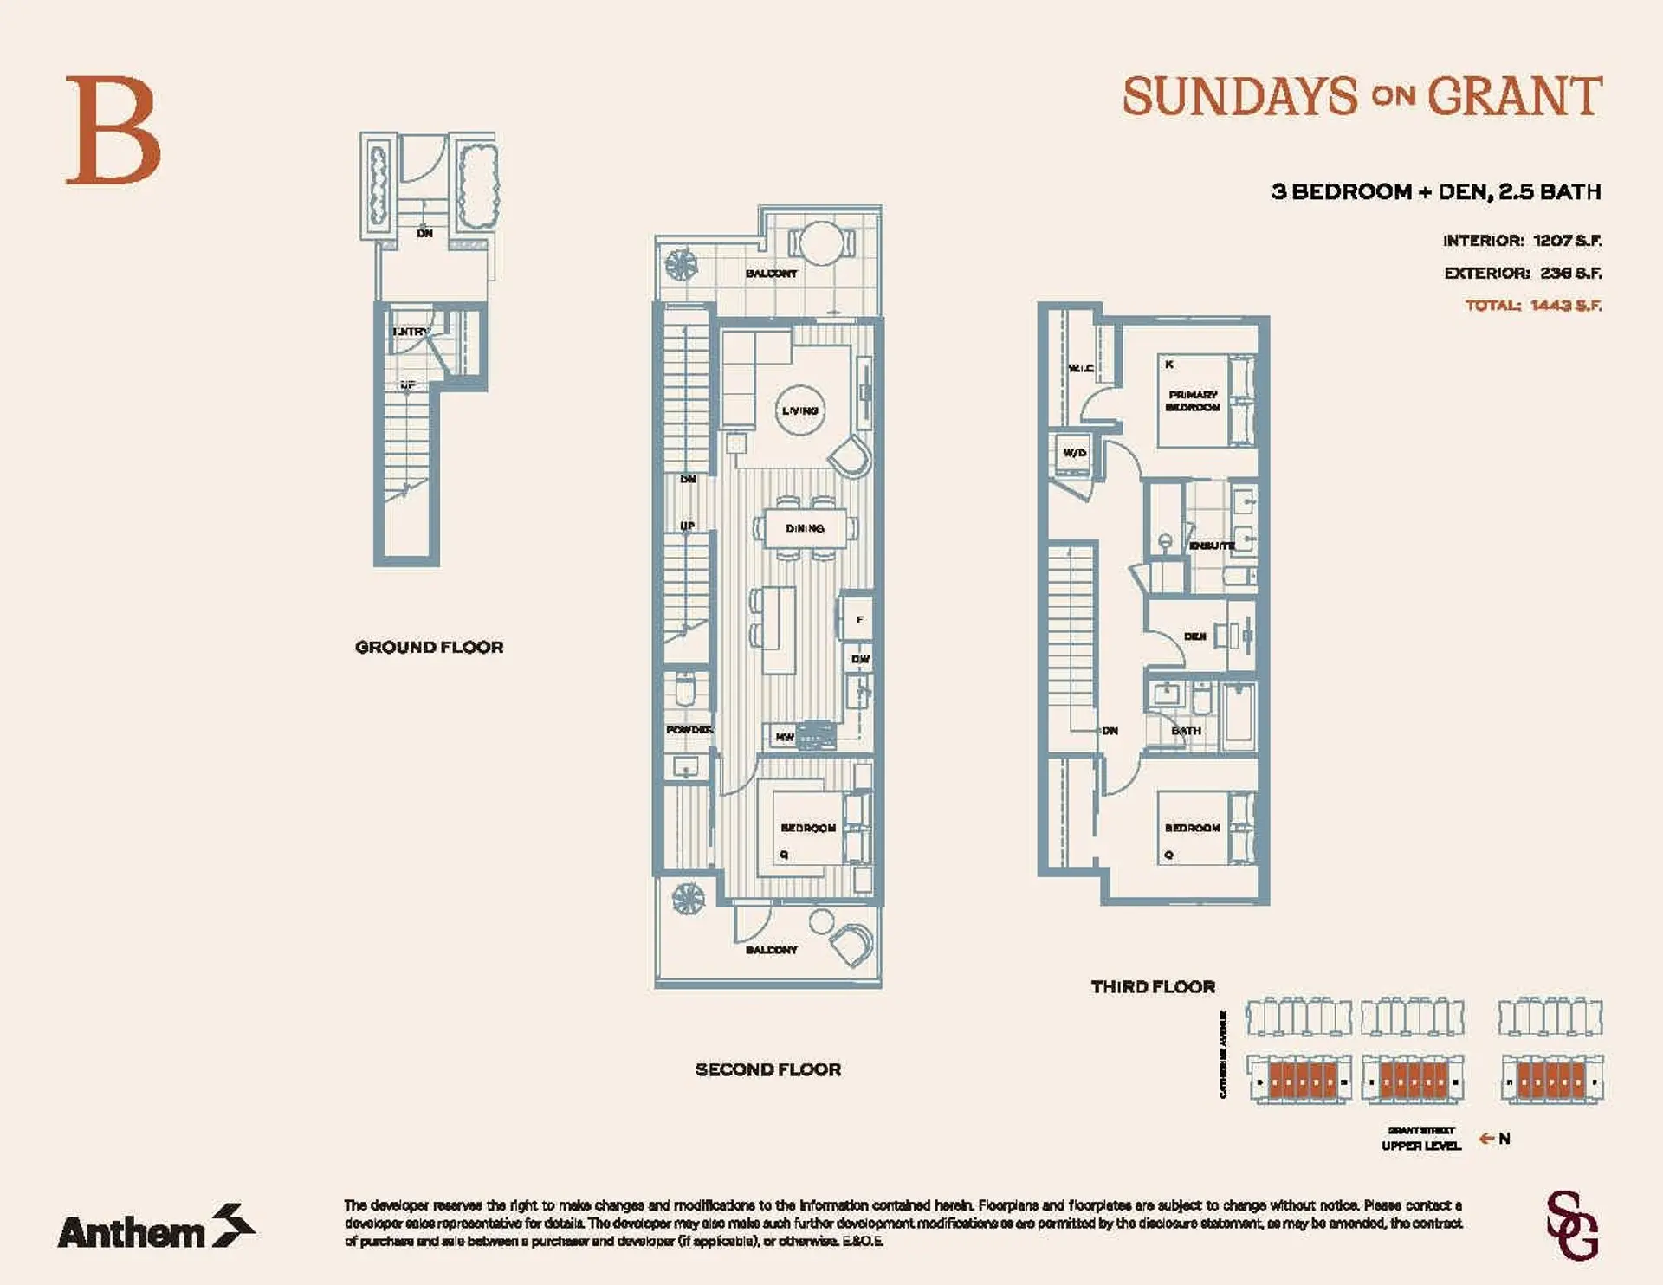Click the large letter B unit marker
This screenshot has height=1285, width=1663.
(x=113, y=130)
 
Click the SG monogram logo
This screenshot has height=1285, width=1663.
(x=1572, y=1226)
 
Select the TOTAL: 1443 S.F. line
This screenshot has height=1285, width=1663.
(x=1532, y=306)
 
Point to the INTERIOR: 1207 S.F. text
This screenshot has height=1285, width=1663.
(x=1522, y=241)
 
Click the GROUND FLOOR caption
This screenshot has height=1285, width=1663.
(x=429, y=647)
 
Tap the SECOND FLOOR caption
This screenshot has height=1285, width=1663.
(x=767, y=1069)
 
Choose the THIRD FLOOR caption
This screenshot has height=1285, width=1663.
(x=1152, y=986)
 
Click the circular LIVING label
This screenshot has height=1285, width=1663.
(x=799, y=410)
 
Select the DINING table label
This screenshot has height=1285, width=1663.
(x=805, y=528)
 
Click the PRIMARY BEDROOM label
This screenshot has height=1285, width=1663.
(x=1193, y=401)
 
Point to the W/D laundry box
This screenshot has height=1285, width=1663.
(x=1074, y=453)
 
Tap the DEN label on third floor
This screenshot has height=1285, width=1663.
(x=1194, y=636)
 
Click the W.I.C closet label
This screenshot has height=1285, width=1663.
(x=1080, y=368)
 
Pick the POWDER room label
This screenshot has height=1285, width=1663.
(x=689, y=730)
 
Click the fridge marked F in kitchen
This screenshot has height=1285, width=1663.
(x=859, y=619)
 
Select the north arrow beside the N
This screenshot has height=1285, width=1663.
(x=1486, y=1139)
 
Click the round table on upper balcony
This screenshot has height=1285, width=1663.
(x=819, y=243)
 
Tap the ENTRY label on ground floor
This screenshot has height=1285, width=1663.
(x=410, y=332)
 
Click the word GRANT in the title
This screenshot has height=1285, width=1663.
(x=1514, y=96)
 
